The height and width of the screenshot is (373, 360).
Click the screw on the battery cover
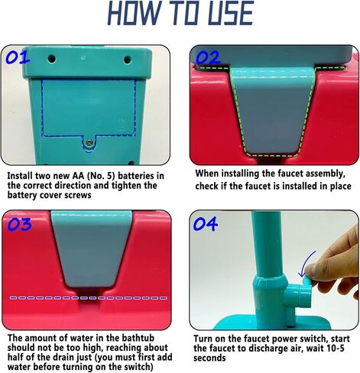coord(89,142)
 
